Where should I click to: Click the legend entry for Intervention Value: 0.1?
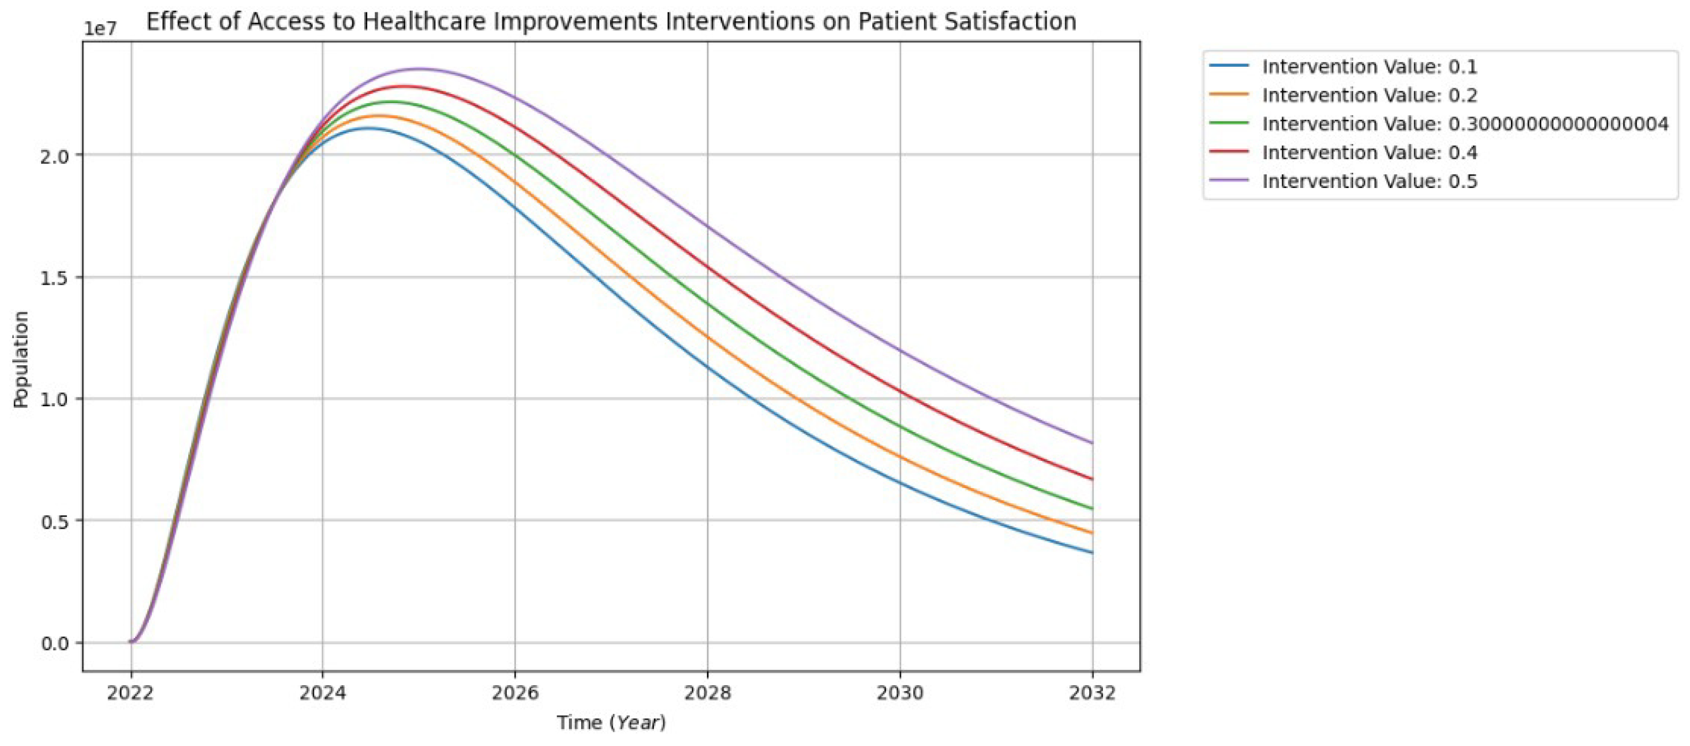[x=1369, y=67]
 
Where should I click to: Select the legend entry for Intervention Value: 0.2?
[x=1369, y=96]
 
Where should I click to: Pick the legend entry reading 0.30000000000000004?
[x=1464, y=124]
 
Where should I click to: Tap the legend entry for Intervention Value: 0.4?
[x=1369, y=153]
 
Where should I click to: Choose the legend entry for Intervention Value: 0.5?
[x=1369, y=182]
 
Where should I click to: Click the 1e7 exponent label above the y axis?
[x=100, y=29]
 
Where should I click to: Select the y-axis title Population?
[x=21, y=359]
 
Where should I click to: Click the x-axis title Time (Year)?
[x=611, y=723]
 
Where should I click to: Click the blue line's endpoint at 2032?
[x=1092, y=553]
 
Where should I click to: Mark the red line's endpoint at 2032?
[x=1092, y=479]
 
